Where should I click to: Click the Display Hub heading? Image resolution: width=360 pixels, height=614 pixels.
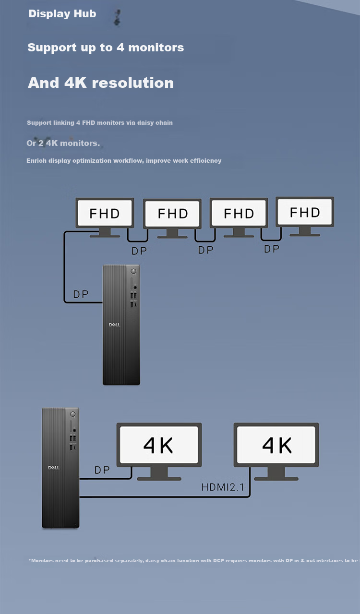click(62, 14)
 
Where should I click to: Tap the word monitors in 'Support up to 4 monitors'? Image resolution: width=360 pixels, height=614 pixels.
click(156, 48)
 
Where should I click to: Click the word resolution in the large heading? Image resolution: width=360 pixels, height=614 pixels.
click(133, 83)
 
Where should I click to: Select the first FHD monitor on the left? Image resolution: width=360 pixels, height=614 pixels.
click(105, 217)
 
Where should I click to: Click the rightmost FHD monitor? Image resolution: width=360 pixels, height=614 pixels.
click(305, 217)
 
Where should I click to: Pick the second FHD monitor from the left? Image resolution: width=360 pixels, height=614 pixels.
click(172, 218)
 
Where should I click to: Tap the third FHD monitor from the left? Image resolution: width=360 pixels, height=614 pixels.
click(239, 217)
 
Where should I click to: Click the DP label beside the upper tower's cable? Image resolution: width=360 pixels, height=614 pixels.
click(81, 294)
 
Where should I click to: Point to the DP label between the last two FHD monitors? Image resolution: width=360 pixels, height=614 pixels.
click(272, 249)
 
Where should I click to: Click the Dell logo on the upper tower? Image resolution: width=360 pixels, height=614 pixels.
click(115, 325)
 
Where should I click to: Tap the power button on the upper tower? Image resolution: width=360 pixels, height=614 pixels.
click(133, 271)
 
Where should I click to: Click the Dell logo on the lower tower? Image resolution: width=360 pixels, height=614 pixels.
click(54, 468)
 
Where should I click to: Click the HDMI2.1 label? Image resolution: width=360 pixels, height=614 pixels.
click(223, 487)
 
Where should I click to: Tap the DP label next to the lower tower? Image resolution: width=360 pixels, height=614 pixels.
click(102, 470)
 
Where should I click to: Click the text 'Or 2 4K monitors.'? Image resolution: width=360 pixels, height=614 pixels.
click(63, 143)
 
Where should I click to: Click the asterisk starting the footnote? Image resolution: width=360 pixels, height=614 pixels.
click(30, 560)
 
